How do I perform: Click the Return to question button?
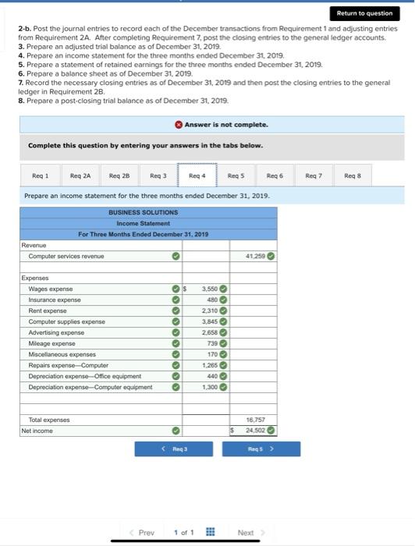tap(364, 13)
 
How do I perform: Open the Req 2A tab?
tap(80, 176)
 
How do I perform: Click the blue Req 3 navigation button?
tap(175, 449)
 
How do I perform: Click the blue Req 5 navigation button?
tap(259, 449)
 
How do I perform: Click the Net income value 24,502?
tap(257, 430)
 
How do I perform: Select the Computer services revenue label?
tap(66, 256)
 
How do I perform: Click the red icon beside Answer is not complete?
tap(179, 125)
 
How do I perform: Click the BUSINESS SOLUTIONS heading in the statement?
tap(143, 212)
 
